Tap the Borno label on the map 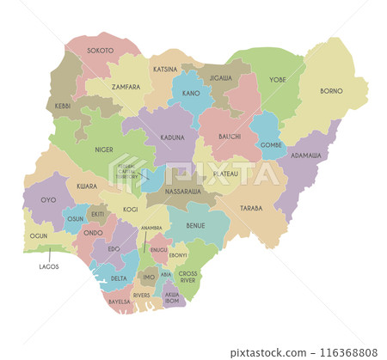click(331, 91)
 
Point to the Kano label click(190, 93)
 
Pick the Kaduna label click(172, 137)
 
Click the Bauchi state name click(229, 137)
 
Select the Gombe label click(271, 145)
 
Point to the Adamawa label click(305, 156)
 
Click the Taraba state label click(251, 208)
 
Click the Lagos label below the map click(49, 267)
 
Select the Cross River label click(187, 276)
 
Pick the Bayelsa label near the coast click(120, 302)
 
